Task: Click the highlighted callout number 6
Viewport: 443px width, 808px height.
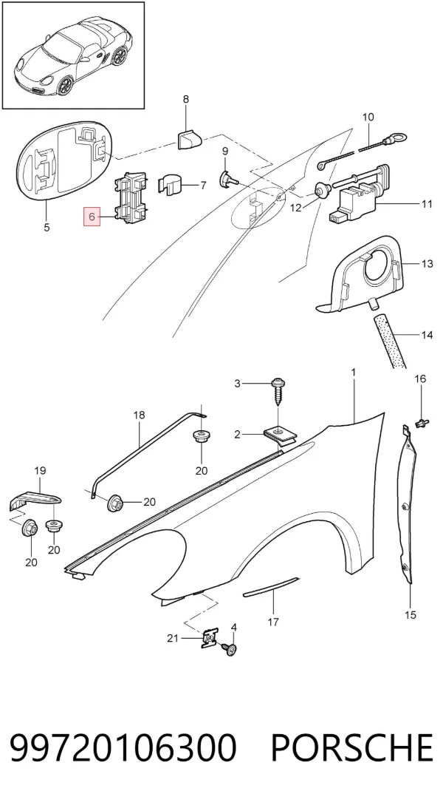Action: tap(92, 217)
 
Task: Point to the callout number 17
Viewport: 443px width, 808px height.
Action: tap(273, 622)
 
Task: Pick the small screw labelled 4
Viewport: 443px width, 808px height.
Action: tap(230, 649)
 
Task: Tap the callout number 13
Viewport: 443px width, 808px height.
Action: tap(427, 265)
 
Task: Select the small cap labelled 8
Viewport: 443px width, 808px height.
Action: tap(189, 139)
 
